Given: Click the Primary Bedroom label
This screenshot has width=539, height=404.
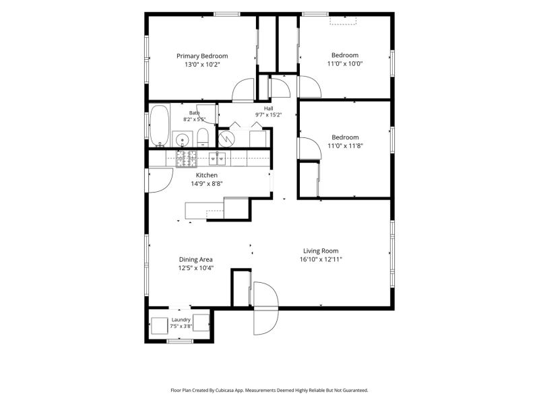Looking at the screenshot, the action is (202, 56).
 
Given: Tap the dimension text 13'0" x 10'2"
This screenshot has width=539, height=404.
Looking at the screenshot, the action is (202, 64).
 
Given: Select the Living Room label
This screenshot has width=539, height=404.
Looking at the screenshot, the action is (321, 251).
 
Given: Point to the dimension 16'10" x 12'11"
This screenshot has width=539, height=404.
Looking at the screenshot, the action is (321, 259).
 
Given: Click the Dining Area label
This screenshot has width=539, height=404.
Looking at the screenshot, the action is (195, 260).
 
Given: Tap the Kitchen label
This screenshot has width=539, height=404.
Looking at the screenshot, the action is (207, 175).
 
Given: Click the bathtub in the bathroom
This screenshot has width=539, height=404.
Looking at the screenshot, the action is (160, 126).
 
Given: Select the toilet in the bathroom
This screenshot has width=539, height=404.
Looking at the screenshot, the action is (203, 138).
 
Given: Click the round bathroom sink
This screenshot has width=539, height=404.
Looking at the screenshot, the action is (182, 140).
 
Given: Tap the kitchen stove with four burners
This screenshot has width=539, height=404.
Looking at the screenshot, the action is (187, 159).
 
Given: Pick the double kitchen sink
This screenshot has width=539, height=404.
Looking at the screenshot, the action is (217, 158).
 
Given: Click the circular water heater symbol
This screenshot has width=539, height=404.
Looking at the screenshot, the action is (226, 139).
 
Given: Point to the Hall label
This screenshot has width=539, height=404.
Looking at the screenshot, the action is (268, 108).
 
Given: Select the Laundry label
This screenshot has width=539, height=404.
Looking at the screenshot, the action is (181, 320).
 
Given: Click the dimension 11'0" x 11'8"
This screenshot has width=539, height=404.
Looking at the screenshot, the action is (345, 145).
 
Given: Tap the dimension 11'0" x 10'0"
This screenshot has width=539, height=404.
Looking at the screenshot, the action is (345, 63).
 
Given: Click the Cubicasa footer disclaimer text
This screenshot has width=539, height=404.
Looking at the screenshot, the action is (269, 391).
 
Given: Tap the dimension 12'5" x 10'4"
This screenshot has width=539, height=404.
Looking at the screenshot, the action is (196, 268).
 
